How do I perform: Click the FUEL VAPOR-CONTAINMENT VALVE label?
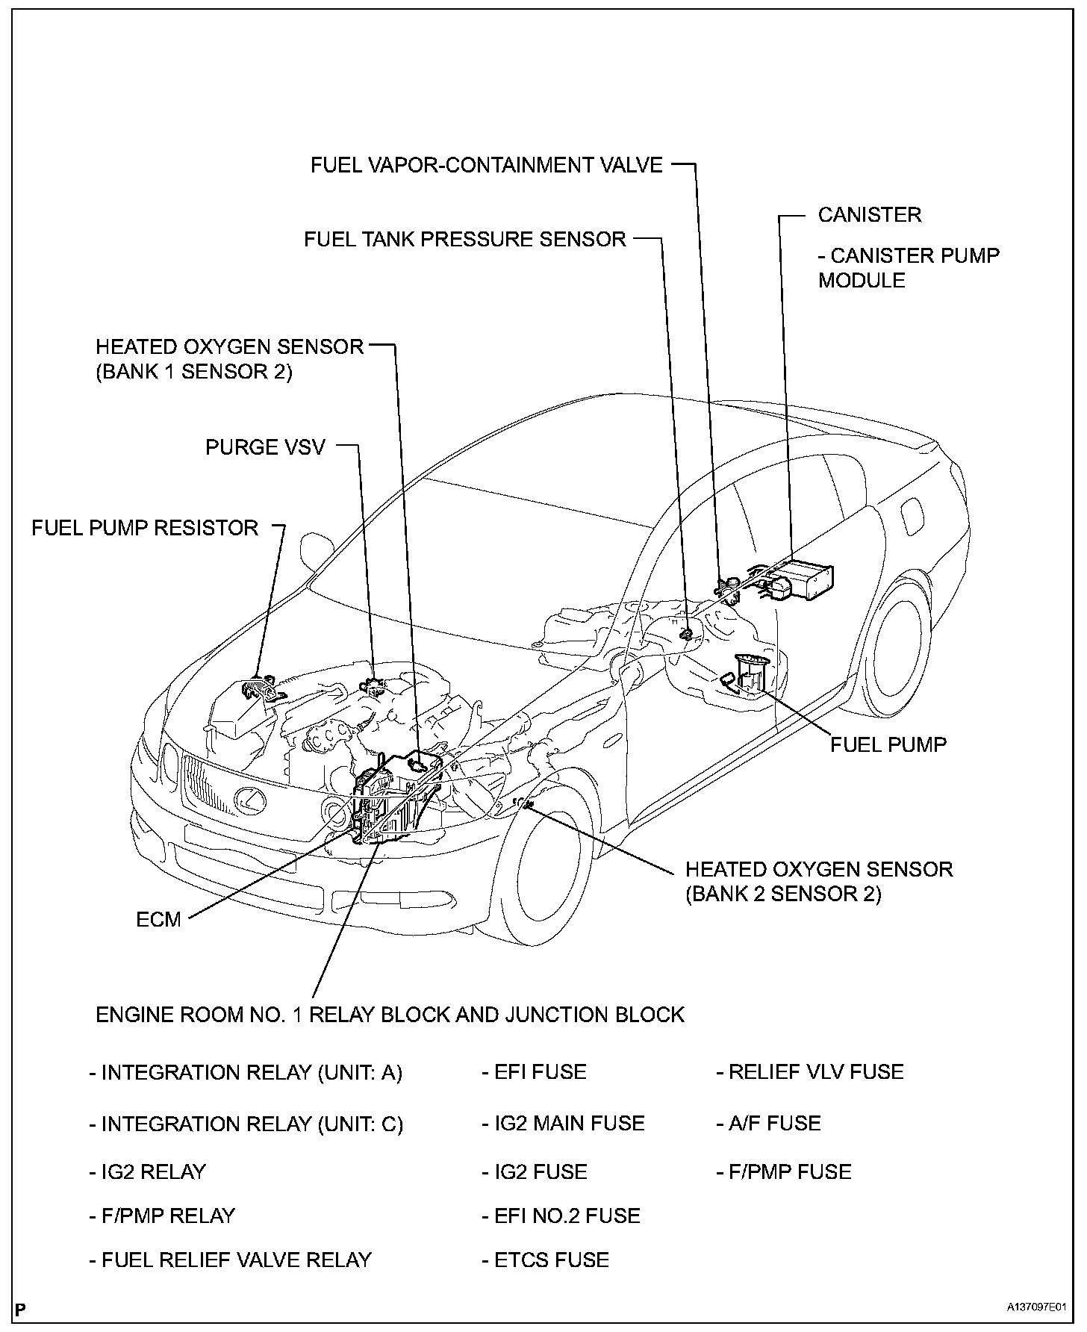click(486, 165)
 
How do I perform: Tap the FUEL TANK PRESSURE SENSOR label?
click(464, 239)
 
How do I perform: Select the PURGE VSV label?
click(265, 447)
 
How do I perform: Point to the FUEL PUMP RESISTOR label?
click(145, 528)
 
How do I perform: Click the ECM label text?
click(158, 919)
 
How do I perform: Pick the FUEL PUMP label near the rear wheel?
click(888, 744)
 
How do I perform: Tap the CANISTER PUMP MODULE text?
click(908, 267)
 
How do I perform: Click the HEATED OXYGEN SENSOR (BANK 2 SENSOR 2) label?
click(818, 881)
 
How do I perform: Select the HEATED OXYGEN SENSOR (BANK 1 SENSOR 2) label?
click(229, 359)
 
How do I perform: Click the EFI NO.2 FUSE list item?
click(561, 1216)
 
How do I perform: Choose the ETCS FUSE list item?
click(545, 1260)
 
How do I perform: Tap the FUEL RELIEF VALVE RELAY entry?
click(230, 1260)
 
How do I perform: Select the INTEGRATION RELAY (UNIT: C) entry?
click(246, 1124)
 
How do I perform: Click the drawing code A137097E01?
click(1035, 1308)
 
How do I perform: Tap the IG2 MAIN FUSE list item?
click(563, 1123)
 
